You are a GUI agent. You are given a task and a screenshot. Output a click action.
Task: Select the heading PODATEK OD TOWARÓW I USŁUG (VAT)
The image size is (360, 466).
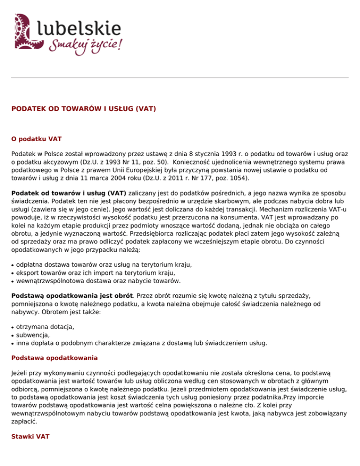pos(84,109)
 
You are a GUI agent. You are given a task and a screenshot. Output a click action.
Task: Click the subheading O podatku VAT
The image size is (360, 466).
pos(37,139)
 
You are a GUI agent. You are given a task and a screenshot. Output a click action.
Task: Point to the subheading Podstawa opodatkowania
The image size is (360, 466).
pos(54,357)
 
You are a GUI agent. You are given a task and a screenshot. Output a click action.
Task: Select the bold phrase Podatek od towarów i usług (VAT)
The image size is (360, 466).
pos(69,193)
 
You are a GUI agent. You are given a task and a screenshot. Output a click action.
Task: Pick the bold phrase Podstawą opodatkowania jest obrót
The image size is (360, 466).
pos(73,296)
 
